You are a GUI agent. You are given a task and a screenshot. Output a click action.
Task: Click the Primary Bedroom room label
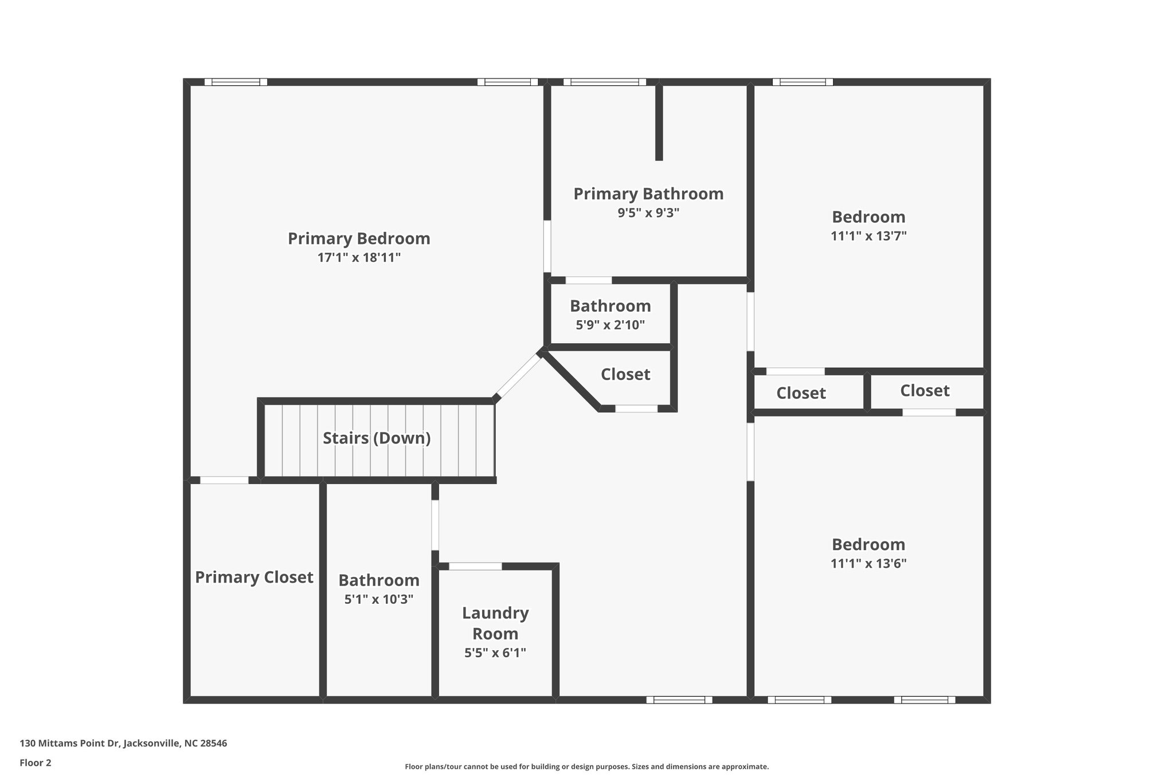pos(359,238)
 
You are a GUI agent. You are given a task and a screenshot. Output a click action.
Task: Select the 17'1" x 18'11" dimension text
pos(359,258)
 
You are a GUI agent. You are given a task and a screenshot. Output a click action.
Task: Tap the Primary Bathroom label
pos(648,194)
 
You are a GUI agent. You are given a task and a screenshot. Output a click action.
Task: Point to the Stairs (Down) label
pos(377,438)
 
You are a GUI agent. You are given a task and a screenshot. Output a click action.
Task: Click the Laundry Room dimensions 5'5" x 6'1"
pos(495,653)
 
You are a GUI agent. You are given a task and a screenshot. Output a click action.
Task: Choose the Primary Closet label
pos(254,577)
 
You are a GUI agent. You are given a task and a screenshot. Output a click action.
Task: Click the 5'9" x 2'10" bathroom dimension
pos(610,325)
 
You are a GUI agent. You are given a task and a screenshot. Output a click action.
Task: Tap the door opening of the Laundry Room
pos(475,566)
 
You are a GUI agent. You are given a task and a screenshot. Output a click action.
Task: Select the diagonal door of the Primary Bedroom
pos(518,376)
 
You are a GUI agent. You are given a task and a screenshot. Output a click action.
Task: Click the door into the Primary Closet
pos(224,480)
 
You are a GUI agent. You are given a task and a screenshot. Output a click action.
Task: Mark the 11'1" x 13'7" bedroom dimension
pos(868,236)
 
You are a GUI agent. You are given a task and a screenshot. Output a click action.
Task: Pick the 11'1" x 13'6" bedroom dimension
pos(868,563)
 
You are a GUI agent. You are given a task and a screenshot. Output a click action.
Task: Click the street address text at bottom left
pos(123,744)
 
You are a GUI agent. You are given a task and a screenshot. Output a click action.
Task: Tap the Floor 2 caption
pos(36,763)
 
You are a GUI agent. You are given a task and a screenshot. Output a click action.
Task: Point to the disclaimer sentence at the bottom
pos(586,767)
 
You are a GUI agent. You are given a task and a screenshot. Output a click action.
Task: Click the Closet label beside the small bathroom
pos(625,374)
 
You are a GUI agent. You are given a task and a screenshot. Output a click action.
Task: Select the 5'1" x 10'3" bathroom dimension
pos(378,600)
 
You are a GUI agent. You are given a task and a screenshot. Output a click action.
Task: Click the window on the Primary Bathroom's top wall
pos(604,82)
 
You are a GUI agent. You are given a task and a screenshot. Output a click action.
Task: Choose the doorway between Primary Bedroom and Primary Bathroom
pos(547,246)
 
